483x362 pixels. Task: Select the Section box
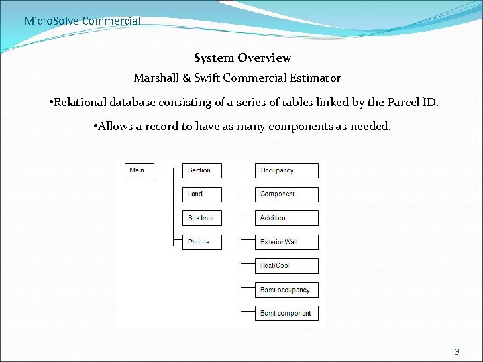[202, 170]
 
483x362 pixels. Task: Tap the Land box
[202, 194]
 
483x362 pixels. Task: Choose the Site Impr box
[202, 218]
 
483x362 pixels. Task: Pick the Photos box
[202, 242]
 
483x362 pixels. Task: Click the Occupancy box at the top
[286, 170]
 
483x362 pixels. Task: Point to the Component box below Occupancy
[286, 194]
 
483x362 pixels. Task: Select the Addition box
[286, 218]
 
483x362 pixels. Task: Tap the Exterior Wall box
[286, 242]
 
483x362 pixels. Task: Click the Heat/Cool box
[286, 265]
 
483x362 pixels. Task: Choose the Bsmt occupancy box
[286, 290]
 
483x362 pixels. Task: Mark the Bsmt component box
[286, 313]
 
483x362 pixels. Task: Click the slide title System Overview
[242, 58]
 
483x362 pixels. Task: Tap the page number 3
[457, 351]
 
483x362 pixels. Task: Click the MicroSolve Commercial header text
[82, 21]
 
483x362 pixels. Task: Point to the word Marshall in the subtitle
[156, 78]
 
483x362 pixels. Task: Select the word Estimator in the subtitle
[314, 78]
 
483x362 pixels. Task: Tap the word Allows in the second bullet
[116, 127]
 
